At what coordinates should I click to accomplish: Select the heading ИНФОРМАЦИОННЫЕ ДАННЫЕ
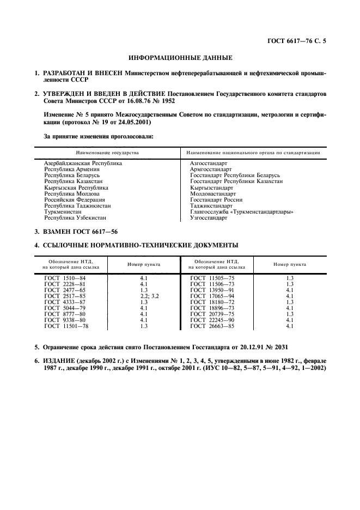coord(180,57)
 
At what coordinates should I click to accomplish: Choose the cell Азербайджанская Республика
coord(83,163)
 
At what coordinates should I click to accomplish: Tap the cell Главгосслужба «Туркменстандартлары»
coord(241,212)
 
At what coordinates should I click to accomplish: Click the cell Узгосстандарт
coord(208,218)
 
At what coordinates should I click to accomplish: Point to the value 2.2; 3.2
coord(144,296)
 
